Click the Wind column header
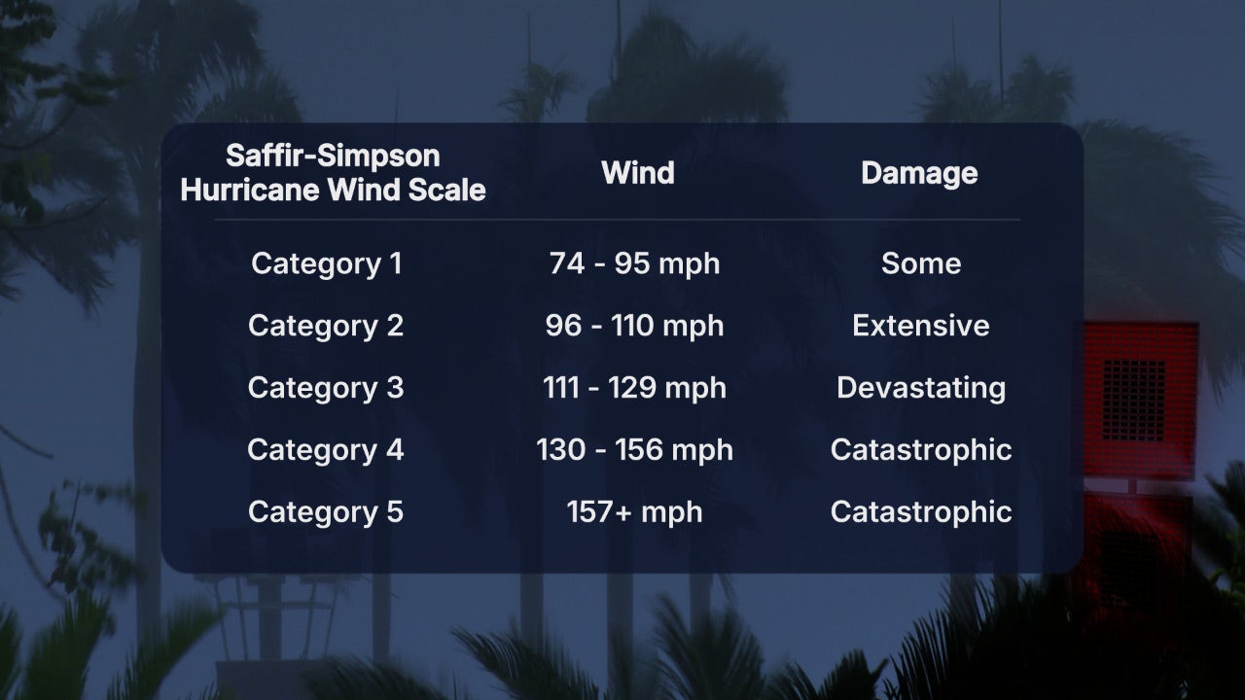638,173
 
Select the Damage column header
919,173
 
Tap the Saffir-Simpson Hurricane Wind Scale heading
333,172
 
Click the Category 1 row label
326,263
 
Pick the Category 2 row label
326,326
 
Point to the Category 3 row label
326,388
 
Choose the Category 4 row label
326,450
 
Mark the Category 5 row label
326,512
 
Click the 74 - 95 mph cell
634,263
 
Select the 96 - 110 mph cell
634,326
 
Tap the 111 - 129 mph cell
634,388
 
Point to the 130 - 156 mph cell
634,450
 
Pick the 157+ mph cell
634,512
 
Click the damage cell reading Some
921,263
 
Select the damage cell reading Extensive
921,326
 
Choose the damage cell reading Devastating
921,388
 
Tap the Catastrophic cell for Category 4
921,450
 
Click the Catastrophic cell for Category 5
921,512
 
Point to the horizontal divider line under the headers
618,220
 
